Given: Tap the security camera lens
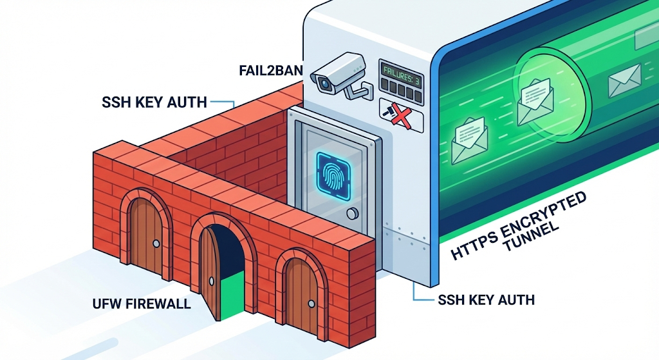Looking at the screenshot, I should [x=324, y=82].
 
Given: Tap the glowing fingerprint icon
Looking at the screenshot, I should [x=333, y=174].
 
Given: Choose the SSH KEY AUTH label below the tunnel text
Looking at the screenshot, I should [x=486, y=299].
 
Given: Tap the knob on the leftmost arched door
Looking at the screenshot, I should [x=156, y=243].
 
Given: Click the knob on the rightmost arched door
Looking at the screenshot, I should [x=309, y=302].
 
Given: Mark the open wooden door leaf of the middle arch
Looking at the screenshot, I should [x=210, y=274].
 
